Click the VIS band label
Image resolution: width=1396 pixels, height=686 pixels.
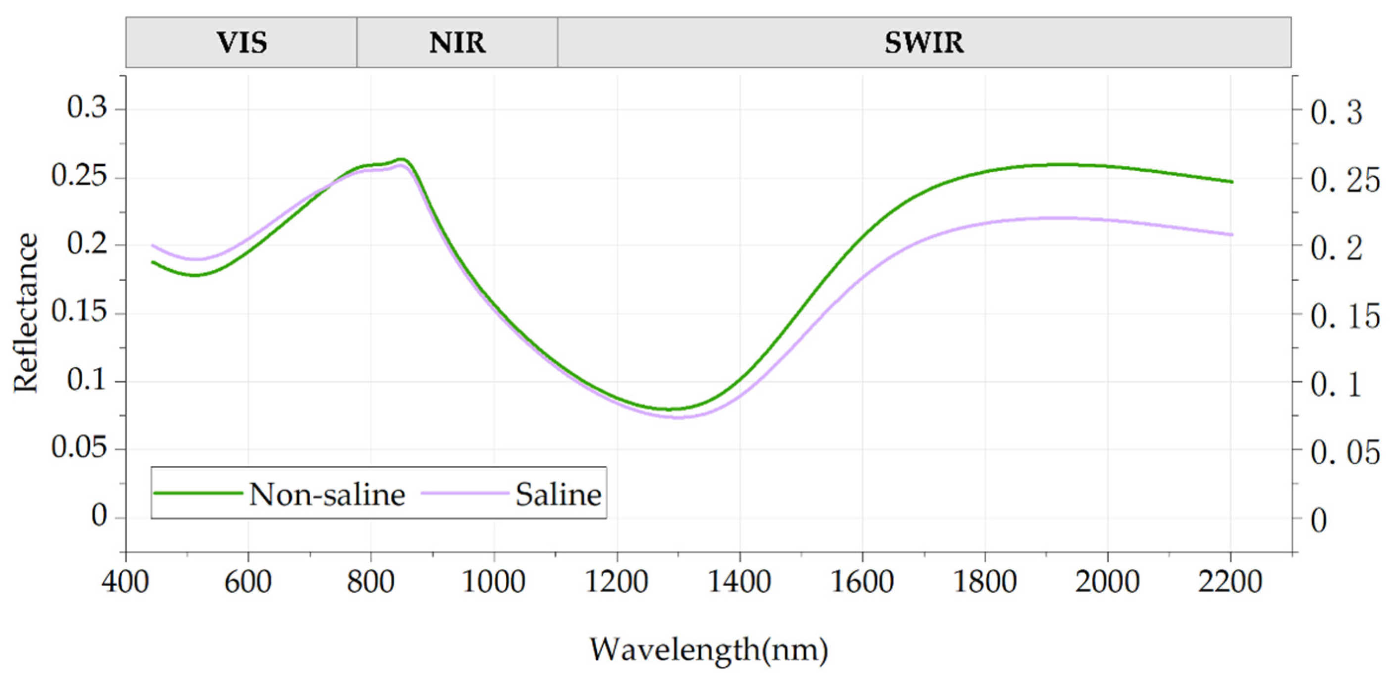tap(241, 43)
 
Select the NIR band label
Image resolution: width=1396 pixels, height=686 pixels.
tap(457, 43)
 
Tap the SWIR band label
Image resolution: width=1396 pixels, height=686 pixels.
tap(924, 43)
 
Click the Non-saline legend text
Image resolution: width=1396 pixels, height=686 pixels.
tap(327, 494)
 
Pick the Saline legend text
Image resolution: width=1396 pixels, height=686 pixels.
tap(558, 494)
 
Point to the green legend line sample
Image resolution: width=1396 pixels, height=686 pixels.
tap(198, 492)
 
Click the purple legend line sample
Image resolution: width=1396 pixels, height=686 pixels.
tap(465, 492)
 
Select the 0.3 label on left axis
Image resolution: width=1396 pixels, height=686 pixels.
tap(87, 107)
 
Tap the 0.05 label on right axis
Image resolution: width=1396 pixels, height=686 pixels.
tap(1345, 452)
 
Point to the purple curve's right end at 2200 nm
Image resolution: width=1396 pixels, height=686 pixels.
tap(1232, 235)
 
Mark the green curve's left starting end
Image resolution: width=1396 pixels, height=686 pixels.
tap(153, 262)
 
